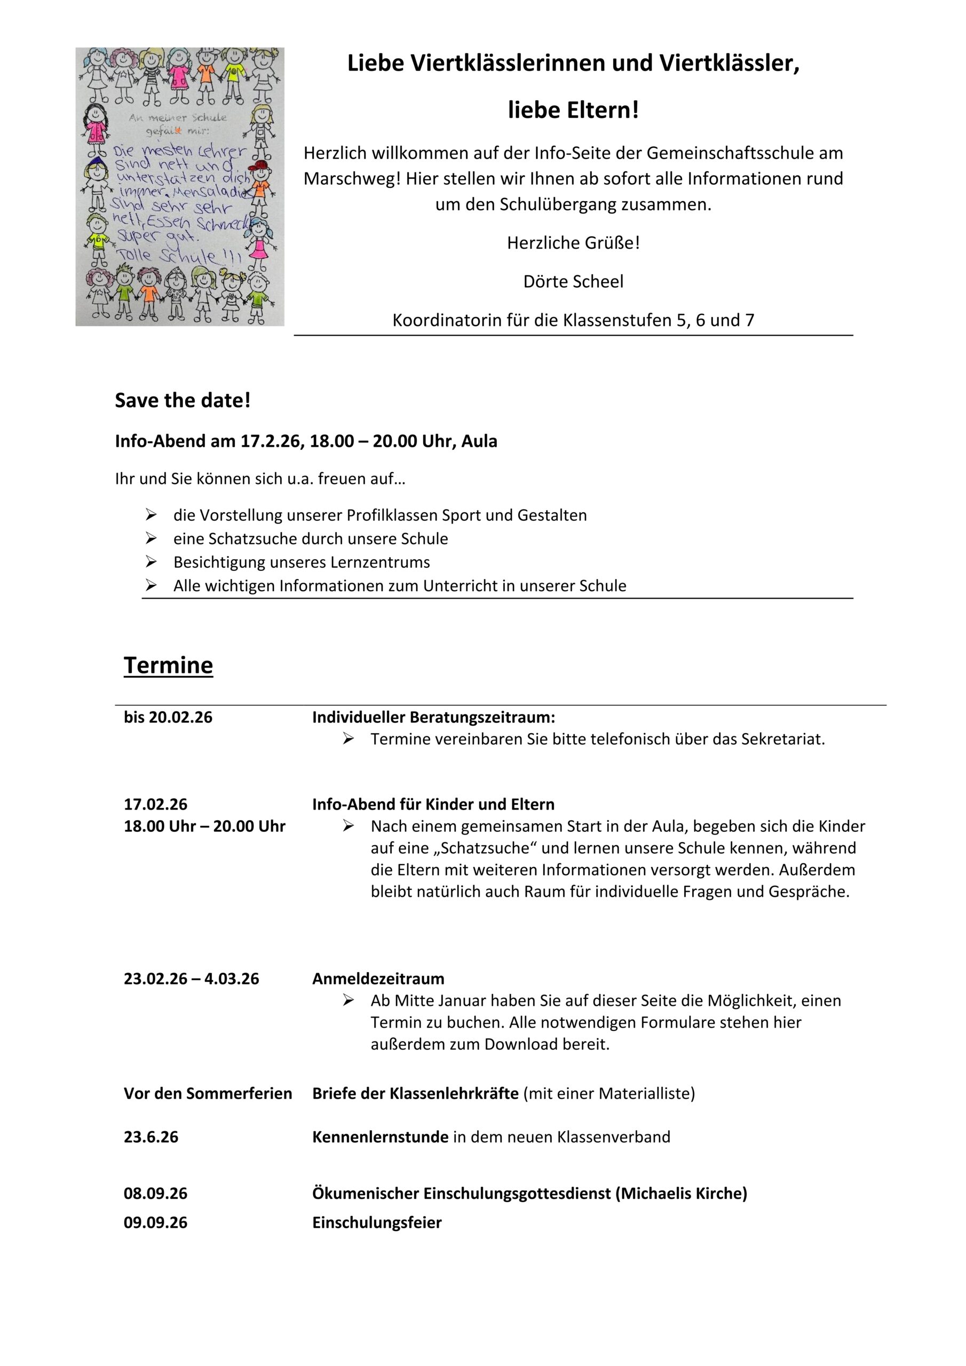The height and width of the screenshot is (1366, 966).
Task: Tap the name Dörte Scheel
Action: point(573,281)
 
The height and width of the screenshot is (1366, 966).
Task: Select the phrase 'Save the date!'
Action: point(183,400)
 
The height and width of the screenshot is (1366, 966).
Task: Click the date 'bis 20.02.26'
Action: point(168,717)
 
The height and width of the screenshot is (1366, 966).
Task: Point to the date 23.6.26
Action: point(151,1137)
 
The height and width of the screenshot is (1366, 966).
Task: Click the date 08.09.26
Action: point(155,1194)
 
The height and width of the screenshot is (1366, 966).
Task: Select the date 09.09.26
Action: point(155,1222)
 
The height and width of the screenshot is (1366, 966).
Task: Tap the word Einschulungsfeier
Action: point(377,1222)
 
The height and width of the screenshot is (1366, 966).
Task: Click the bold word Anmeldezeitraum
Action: point(378,979)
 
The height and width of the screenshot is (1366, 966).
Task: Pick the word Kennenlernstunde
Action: point(381,1137)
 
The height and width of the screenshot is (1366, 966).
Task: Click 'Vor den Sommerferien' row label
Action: point(208,1093)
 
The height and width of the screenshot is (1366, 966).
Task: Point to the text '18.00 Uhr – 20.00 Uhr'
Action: point(205,827)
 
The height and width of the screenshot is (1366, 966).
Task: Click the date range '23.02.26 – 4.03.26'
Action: point(192,979)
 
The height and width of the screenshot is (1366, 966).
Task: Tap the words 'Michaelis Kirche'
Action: point(682,1194)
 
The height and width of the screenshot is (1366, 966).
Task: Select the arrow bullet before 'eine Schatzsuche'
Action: point(151,538)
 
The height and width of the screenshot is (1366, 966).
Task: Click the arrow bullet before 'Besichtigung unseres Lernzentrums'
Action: point(151,562)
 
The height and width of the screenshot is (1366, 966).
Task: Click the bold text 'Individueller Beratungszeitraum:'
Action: point(433,717)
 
